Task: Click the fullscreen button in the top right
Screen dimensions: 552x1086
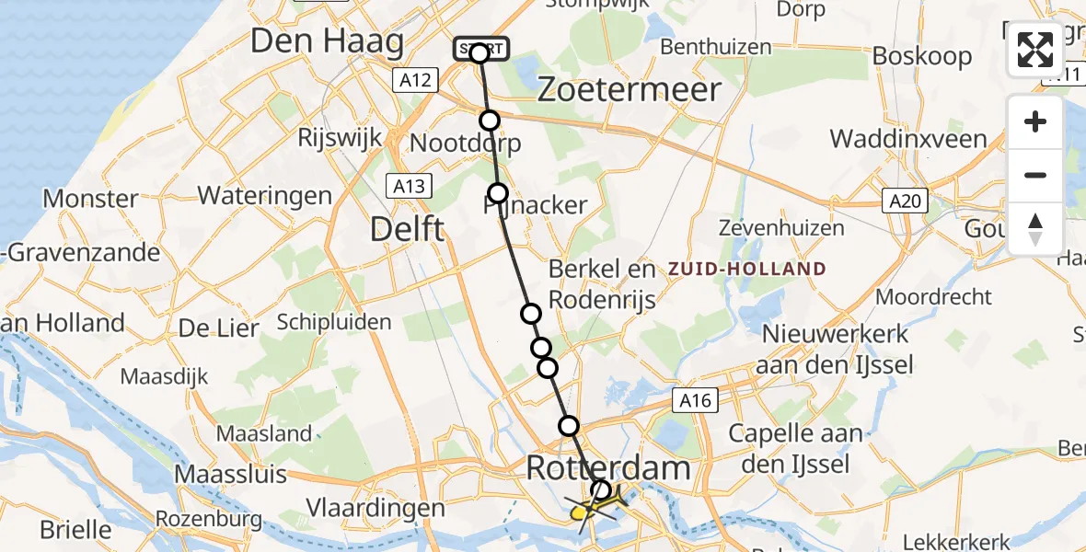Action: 1035,50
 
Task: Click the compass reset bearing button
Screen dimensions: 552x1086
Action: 1035,229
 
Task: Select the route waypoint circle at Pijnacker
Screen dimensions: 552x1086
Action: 498,193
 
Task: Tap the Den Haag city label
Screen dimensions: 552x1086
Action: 327,42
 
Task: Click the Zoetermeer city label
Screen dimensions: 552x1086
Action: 629,89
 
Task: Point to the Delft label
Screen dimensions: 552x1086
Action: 408,229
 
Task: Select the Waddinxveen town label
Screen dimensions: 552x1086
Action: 908,140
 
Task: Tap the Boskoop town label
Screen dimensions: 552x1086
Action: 921,56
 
